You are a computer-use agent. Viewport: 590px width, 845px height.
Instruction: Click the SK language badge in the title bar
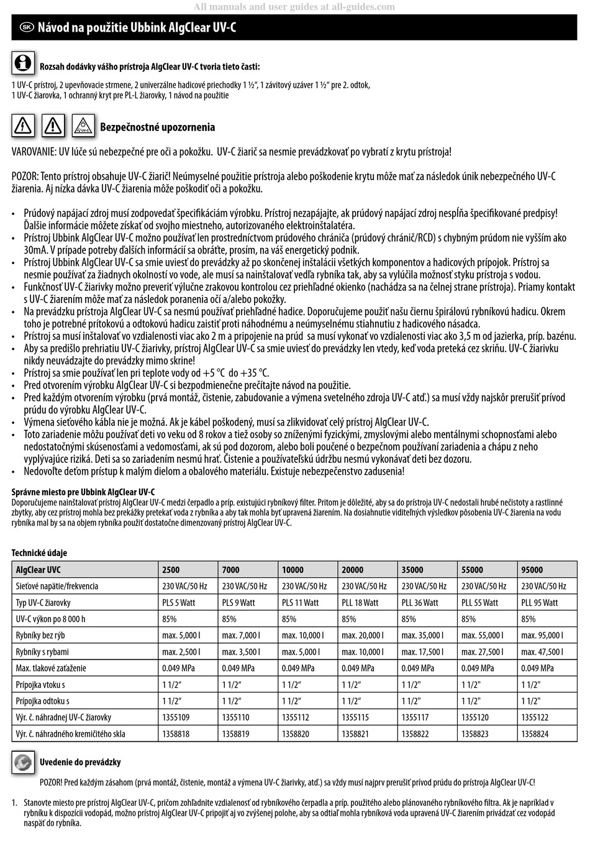tap(26, 27)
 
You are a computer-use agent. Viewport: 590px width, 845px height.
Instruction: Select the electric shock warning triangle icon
tap(23, 126)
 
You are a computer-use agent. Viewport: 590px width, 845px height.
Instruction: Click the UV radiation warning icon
tap(83, 126)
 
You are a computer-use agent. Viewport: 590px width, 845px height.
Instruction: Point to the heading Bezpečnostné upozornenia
tap(157, 127)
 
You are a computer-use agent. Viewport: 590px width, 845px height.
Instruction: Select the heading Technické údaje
tap(39, 552)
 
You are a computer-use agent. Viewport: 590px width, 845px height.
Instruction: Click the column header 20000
tap(353, 569)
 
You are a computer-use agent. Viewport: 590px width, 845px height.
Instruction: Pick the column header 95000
tap(532, 569)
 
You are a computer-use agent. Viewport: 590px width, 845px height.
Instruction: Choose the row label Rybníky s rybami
tap(42, 652)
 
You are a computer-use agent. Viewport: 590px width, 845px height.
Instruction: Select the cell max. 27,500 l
tap(482, 652)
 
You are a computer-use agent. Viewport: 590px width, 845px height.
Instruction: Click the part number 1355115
tap(355, 717)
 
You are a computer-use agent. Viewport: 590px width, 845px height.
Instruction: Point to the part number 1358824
tap(535, 734)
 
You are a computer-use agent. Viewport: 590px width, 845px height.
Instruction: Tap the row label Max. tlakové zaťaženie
tap(51, 668)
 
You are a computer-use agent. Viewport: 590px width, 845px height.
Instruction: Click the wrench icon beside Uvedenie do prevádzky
tap(23, 762)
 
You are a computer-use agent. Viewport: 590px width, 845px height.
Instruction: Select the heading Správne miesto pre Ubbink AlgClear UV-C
tap(83, 491)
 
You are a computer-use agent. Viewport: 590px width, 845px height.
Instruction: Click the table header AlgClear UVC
tap(39, 569)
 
